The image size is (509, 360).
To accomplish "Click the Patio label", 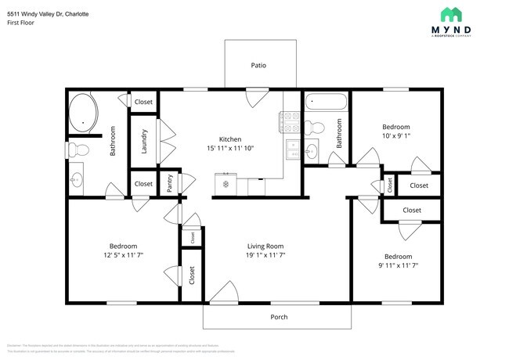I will pos(258,65).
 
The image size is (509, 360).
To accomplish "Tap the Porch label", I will pos(279,317).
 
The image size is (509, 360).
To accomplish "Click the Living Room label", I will pos(265,246).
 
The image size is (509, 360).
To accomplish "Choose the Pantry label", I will pos(170,183).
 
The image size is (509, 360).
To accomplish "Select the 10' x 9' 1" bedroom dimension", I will pos(395,135).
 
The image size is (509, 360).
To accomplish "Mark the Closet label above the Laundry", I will pos(143,102).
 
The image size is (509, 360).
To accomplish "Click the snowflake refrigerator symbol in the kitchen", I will pos(226,184).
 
